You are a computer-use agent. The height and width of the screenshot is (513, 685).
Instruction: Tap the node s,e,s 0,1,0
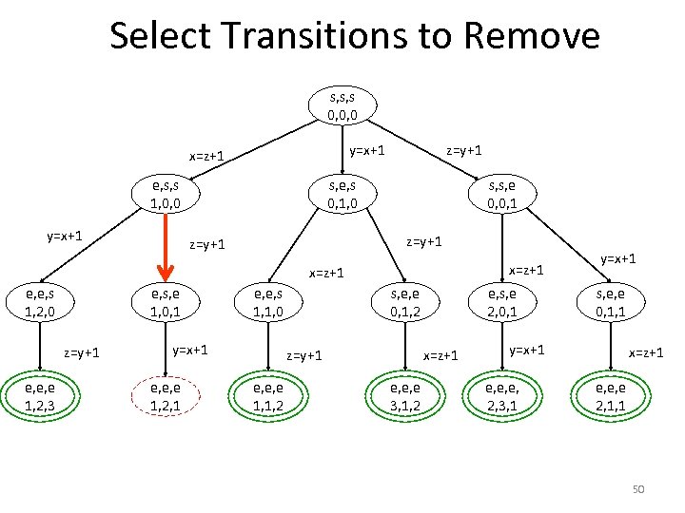tap(342, 195)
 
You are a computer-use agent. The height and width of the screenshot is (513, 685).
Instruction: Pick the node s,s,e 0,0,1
tap(503, 195)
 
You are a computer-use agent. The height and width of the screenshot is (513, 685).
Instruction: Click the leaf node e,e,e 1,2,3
tap(38, 397)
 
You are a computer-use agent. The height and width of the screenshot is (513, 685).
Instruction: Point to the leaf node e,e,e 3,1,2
tap(401, 397)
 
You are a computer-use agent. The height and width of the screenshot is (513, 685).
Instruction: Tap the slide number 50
tap(638, 489)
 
